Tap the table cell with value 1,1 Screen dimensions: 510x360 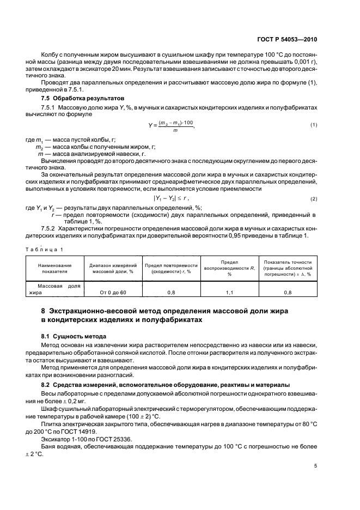tap(229, 293)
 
